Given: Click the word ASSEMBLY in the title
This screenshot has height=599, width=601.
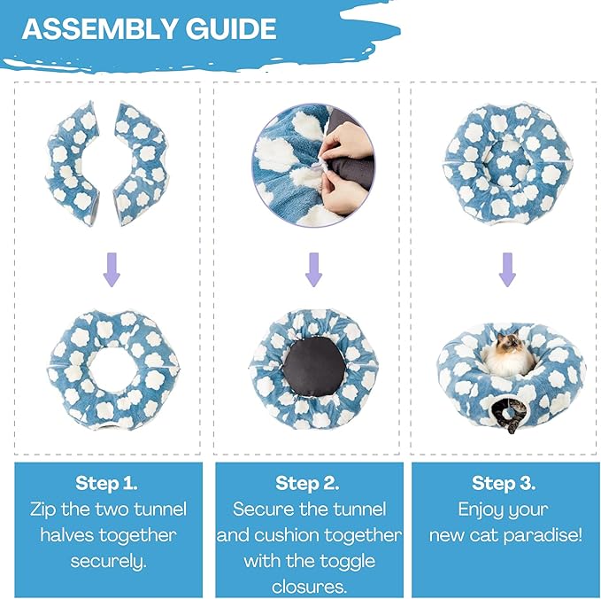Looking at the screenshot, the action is pyautogui.click(x=100, y=28).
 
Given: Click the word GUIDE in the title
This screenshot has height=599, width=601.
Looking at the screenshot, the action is pyautogui.click(x=232, y=28).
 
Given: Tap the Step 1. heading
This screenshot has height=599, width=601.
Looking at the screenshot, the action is pyautogui.click(x=106, y=483).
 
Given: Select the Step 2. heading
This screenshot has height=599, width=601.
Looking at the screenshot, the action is pyautogui.click(x=307, y=483).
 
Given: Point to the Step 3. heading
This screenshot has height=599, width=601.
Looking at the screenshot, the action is pyautogui.click(x=504, y=483).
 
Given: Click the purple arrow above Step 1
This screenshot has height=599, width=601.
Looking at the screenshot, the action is pyautogui.click(x=112, y=269).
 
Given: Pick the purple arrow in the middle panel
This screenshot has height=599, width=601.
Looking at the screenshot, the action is pyautogui.click(x=313, y=269).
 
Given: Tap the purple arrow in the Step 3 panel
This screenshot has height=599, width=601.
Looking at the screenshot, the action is pyautogui.click(x=507, y=269).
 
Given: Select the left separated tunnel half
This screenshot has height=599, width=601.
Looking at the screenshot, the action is pyautogui.click(x=72, y=163).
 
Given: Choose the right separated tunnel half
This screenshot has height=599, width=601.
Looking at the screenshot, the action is pyautogui.click(x=142, y=163).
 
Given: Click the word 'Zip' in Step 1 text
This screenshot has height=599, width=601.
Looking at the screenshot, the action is pyautogui.click(x=42, y=510).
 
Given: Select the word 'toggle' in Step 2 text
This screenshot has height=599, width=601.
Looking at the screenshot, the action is pyautogui.click(x=347, y=562).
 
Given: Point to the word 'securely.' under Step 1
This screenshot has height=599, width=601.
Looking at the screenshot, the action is pyautogui.click(x=109, y=562).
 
